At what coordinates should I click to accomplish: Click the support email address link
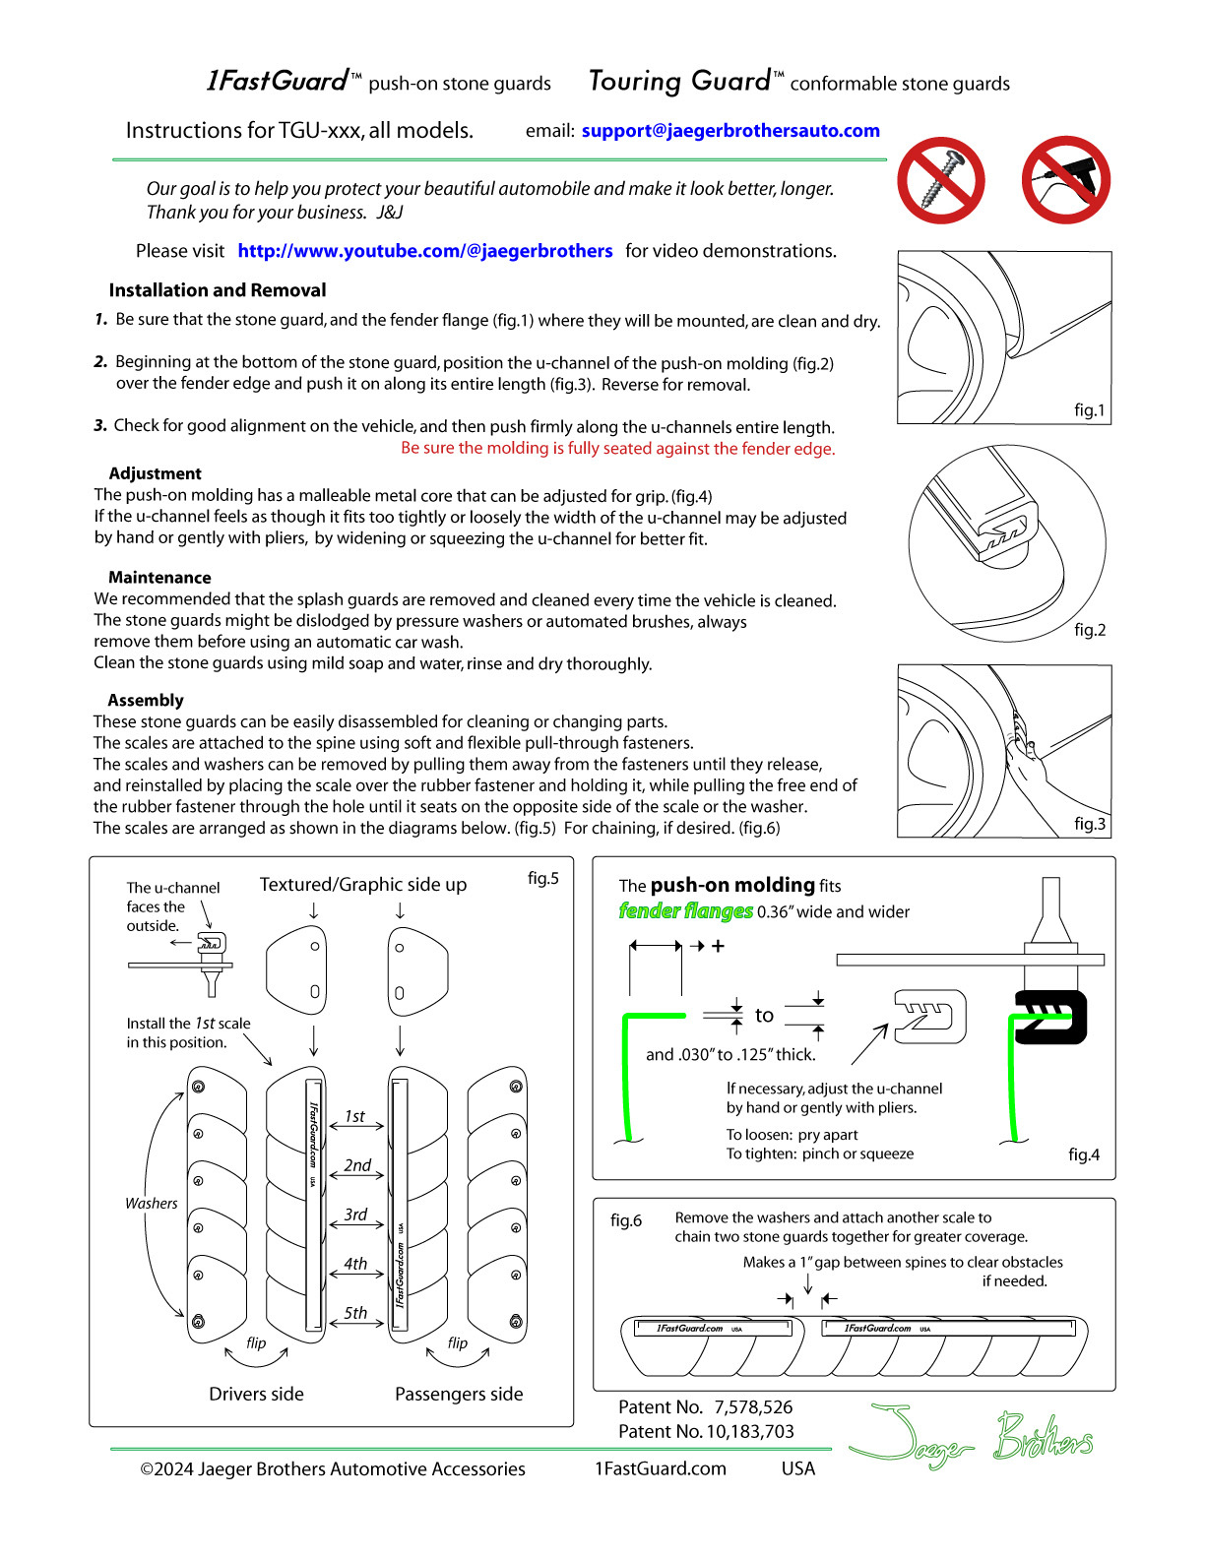pyautogui.click(x=729, y=131)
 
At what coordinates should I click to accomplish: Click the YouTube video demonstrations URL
pyautogui.click(x=424, y=251)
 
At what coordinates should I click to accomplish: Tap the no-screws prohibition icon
pyautogui.click(x=941, y=180)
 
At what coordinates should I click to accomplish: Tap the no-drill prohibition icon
pyautogui.click(x=1066, y=180)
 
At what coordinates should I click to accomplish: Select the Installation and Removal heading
pyautogui.click(x=217, y=290)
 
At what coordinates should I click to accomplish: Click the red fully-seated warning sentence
pyautogui.click(x=617, y=449)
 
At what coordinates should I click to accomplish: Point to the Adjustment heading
pyautogui.click(x=155, y=473)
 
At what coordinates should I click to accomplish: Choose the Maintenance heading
pyautogui.click(x=159, y=578)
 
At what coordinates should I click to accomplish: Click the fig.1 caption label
pyautogui.click(x=1089, y=409)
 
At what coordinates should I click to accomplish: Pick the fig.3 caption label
pyautogui.click(x=1089, y=824)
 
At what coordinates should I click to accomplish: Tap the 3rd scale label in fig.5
pyautogui.click(x=355, y=1215)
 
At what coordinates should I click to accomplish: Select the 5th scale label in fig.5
pyautogui.click(x=355, y=1313)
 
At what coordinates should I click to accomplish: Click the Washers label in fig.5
pyautogui.click(x=151, y=1204)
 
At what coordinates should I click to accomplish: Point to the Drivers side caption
pyautogui.click(x=256, y=1394)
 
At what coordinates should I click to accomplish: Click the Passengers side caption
pyautogui.click(x=459, y=1394)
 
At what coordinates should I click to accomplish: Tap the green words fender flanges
pyautogui.click(x=685, y=911)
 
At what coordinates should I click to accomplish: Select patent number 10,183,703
pyautogui.click(x=706, y=1432)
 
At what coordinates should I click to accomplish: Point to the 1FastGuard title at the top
pyautogui.click(x=279, y=81)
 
